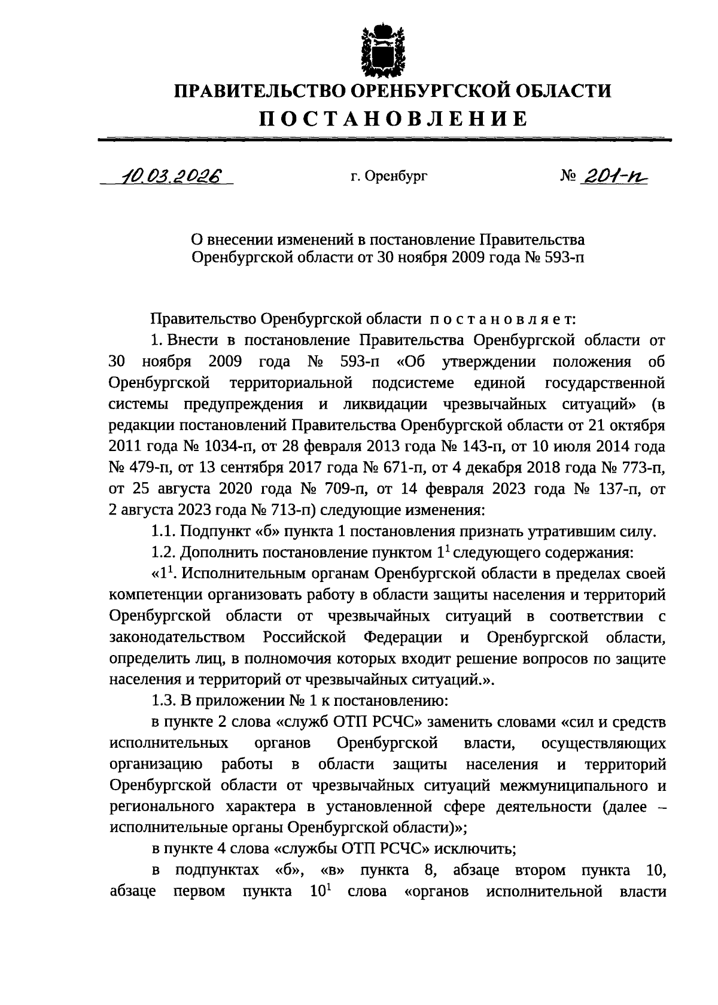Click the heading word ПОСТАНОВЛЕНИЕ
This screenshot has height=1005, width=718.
393,118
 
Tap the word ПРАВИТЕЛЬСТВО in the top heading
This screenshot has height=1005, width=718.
258,91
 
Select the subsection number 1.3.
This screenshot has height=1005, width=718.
163,701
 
